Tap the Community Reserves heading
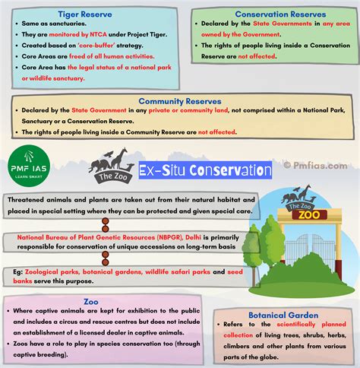coord(179,100)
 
